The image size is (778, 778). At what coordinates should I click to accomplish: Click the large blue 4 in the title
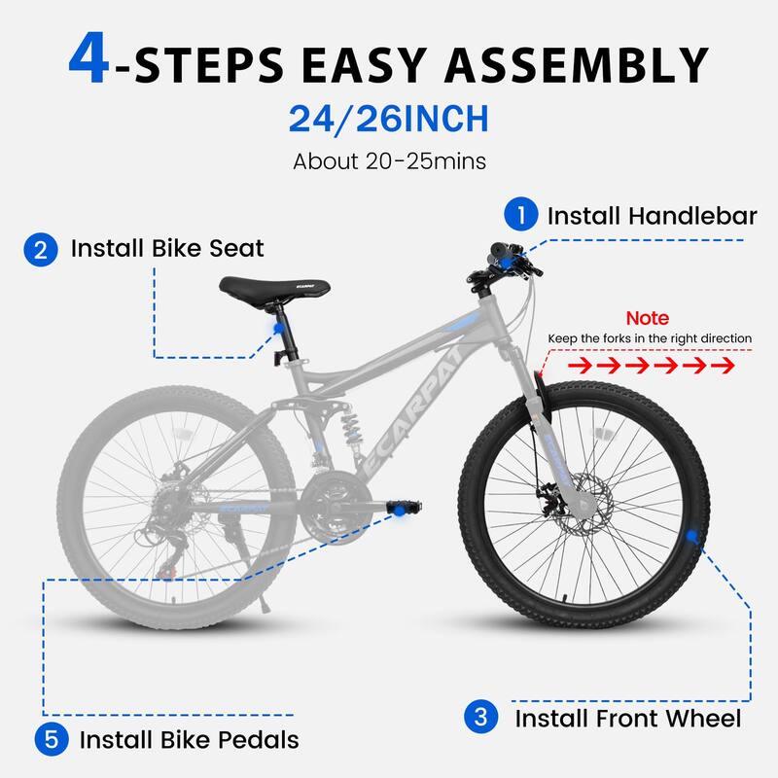(x=95, y=61)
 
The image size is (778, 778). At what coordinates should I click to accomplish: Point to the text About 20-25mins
(x=388, y=159)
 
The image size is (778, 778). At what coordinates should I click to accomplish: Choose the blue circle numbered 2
(x=40, y=249)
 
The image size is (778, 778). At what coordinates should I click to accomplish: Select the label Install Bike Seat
(x=167, y=249)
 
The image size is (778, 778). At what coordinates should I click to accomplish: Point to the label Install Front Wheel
(x=628, y=719)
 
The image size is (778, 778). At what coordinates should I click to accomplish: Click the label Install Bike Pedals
(x=189, y=739)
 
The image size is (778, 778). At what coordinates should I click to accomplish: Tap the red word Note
(x=647, y=318)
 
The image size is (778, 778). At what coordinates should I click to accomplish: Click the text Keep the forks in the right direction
(x=650, y=338)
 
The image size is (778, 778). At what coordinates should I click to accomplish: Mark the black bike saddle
(x=274, y=287)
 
